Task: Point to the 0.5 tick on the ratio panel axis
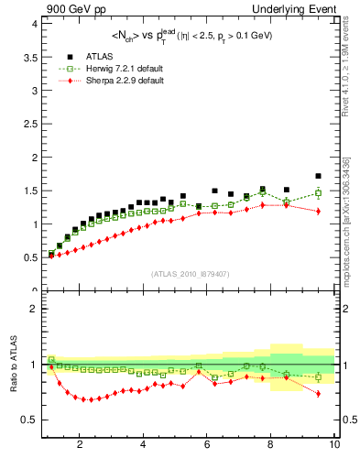click(28, 420)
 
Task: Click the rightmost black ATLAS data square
click(318, 176)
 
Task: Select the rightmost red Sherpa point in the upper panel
click(318, 212)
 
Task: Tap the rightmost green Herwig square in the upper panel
click(318, 192)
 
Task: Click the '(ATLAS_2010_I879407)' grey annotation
click(190, 274)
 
